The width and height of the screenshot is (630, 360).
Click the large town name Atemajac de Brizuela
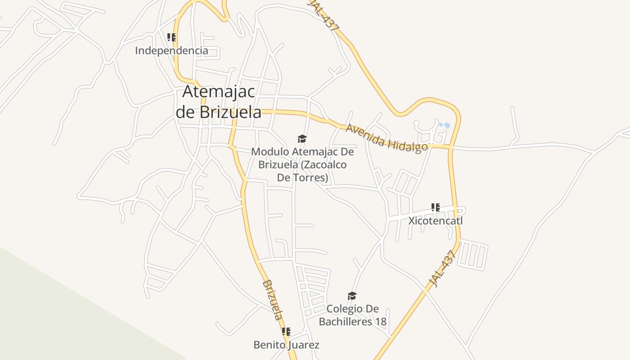point(218,102)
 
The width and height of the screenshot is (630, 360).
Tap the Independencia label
point(171,50)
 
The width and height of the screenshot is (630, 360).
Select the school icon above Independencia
point(171,37)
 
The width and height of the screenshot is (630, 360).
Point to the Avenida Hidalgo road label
point(386,138)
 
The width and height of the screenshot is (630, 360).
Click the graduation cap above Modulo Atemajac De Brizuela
point(302,139)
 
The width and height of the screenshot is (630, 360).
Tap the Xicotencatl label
point(435,221)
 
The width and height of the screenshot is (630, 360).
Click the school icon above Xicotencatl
point(435,207)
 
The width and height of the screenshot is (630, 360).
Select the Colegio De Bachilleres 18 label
point(352,315)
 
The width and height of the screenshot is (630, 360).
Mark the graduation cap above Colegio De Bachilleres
point(352,296)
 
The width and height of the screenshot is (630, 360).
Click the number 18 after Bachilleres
point(380,322)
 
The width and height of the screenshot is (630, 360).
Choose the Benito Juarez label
point(286,345)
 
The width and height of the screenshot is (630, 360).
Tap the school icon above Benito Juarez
point(286,332)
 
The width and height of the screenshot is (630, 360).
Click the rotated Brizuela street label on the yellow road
point(273,300)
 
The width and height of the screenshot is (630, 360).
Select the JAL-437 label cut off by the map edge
point(324,15)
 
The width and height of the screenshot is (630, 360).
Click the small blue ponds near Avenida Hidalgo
point(444,126)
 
